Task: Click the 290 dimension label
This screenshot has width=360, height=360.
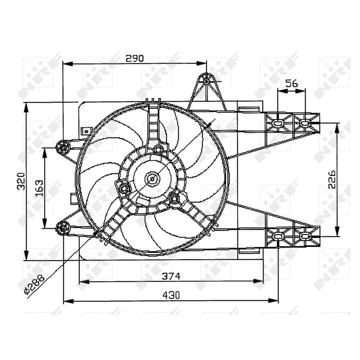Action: click(x=135, y=58)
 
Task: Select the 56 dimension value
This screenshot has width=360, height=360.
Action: click(x=292, y=83)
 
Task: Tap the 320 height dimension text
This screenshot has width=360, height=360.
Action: click(x=21, y=181)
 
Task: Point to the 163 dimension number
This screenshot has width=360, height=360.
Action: click(x=40, y=188)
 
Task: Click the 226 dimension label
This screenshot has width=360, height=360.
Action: click(x=332, y=180)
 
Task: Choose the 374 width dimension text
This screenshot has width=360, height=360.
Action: click(x=171, y=276)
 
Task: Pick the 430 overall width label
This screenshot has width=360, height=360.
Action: click(x=171, y=295)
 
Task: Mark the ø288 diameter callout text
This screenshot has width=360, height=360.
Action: click(x=34, y=285)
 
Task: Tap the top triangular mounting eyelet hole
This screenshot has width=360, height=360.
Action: click(x=207, y=81)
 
